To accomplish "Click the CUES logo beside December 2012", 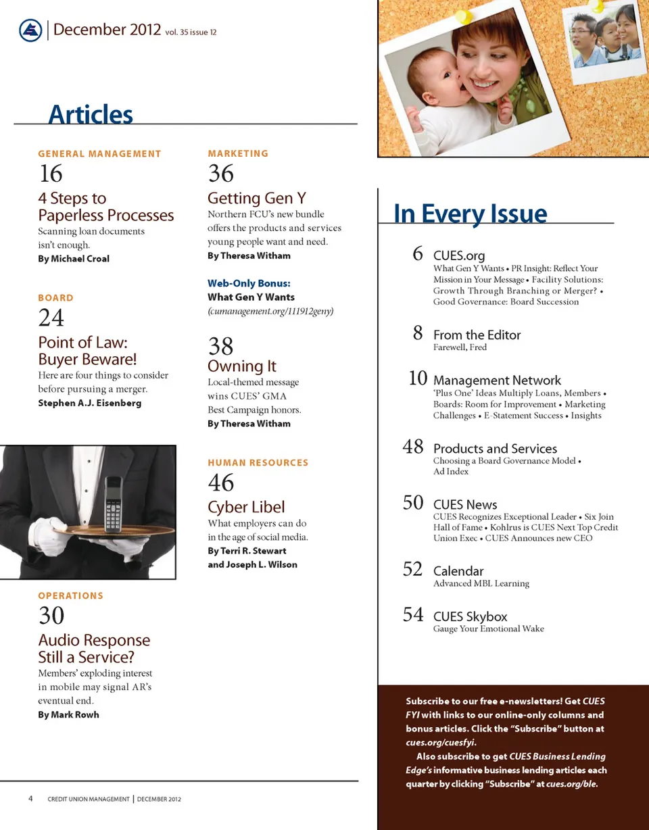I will tap(30, 30).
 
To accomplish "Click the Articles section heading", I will tap(91, 114).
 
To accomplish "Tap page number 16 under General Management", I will tap(51, 174).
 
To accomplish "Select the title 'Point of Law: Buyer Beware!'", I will tap(87, 351).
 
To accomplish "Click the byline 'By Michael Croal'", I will tap(74, 259).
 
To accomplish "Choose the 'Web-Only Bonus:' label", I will tap(249, 283).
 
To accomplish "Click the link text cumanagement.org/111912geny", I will tap(270, 311).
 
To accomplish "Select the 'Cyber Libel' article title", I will tap(246, 507).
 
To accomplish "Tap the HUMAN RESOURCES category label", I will tap(258, 463).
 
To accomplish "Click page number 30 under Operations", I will tap(51, 616).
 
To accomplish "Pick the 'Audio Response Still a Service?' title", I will tap(94, 648).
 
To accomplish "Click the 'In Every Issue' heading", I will tap(470, 214).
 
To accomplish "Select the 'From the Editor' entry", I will tap(477, 335).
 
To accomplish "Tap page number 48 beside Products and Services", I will tap(413, 447).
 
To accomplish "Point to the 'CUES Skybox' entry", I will tap(470, 616).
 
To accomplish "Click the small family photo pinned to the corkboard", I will tap(606, 38).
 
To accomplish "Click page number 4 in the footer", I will tap(31, 798).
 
